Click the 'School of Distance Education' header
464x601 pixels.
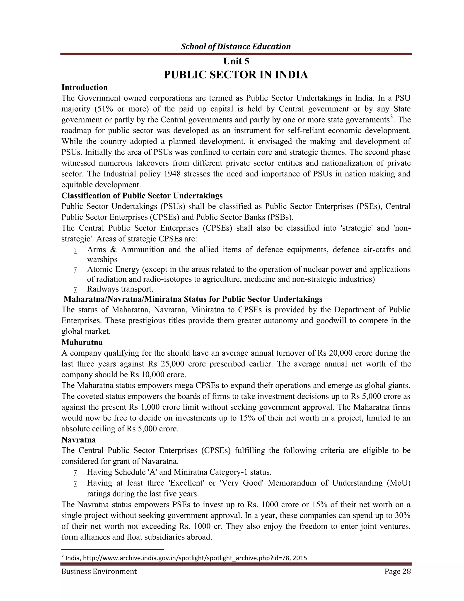point(236,46)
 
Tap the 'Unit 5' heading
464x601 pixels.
point(236,61)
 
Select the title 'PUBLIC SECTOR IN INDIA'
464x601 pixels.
point(236,75)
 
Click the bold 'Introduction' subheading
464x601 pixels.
point(84,88)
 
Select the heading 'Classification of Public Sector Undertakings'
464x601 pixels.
point(142,196)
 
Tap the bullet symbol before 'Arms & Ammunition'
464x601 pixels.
point(76,251)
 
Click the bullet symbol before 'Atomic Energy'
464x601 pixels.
point(76,270)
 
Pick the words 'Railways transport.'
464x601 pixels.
point(120,289)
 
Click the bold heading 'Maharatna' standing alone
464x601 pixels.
point(82,342)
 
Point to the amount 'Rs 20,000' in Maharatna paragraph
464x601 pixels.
point(335,353)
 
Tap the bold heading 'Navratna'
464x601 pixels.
point(79,440)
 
